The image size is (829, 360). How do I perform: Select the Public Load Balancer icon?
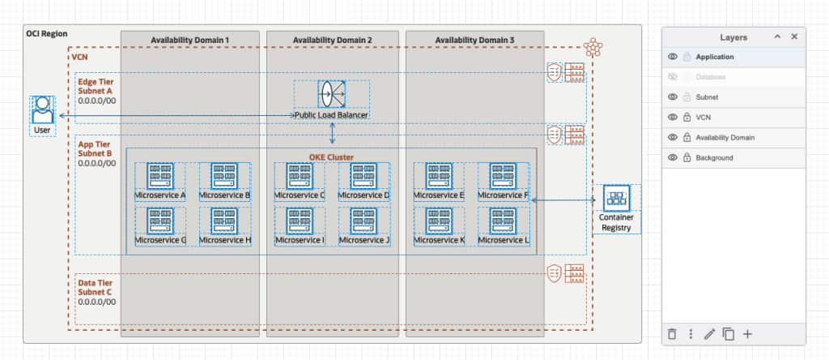[331, 94]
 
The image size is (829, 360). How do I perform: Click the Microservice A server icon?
[159, 176]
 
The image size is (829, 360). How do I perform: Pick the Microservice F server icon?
[504, 176]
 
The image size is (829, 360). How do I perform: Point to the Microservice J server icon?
[363, 221]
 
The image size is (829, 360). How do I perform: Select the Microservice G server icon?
[159, 221]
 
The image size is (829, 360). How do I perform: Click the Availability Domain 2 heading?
[332, 40]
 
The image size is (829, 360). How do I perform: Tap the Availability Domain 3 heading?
[474, 40]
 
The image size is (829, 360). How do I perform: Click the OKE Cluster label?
[331, 156]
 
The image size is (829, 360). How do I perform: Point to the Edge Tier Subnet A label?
[96, 86]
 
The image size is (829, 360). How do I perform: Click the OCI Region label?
[47, 34]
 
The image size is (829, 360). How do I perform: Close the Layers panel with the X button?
[794, 36]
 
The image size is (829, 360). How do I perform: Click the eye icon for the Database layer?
[672, 77]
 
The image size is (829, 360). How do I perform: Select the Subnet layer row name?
[707, 97]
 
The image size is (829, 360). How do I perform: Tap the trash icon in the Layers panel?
[671, 334]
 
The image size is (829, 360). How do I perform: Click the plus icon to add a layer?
[747, 334]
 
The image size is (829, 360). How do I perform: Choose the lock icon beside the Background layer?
[687, 157]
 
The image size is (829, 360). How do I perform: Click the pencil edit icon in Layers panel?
[709, 334]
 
